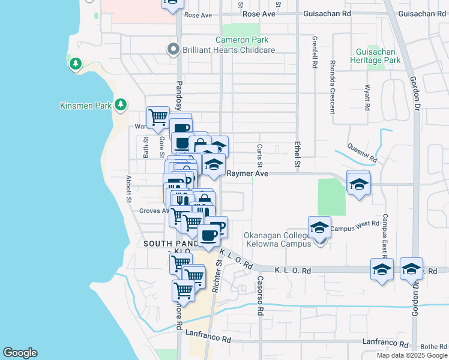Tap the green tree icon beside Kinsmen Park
click(121, 105)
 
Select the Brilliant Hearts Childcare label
click(229, 50)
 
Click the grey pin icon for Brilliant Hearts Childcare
click(173, 49)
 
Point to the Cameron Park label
click(241, 40)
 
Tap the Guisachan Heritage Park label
click(378, 56)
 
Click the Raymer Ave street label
click(247, 173)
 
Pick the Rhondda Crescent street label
click(332, 86)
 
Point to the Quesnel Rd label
click(362, 154)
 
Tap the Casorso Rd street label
click(261, 296)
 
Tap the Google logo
click(20, 353)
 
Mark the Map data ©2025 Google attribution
click(411, 355)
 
